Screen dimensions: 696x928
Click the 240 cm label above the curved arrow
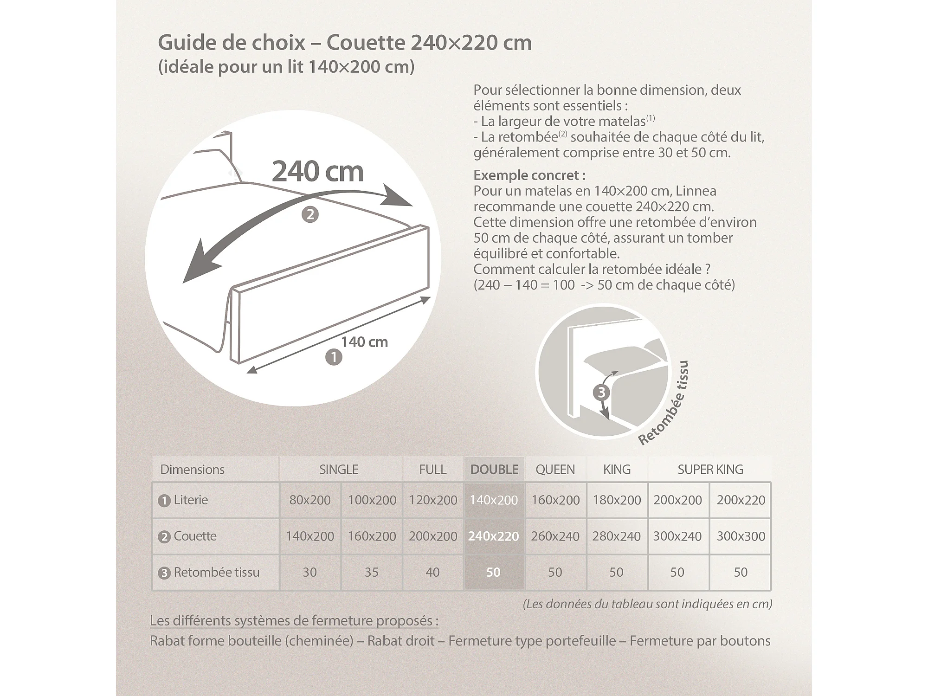[317, 172]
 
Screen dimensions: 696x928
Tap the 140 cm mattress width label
[364, 342]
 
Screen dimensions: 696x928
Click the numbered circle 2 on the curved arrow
[310, 214]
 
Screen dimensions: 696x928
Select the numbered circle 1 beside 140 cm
[334, 357]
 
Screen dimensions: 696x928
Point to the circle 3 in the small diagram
[601, 393]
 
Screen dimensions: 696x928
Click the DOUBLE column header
[494, 470]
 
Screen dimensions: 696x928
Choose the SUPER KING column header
[710, 470]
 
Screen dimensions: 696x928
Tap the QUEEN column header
[555, 470]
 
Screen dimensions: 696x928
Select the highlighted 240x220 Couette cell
[493, 536]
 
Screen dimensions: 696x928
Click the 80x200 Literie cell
[310, 500]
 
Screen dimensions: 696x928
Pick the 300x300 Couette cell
[741, 536]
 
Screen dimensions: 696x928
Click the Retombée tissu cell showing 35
[371, 572]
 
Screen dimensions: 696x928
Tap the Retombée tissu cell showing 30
[309, 572]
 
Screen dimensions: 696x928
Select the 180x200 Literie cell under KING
[617, 500]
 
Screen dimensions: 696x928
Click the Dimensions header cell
[192, 470]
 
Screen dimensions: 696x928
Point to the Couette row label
[195, 536]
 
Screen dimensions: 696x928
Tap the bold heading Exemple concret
[529, 175]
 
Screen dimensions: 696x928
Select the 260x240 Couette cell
[555, 536]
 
